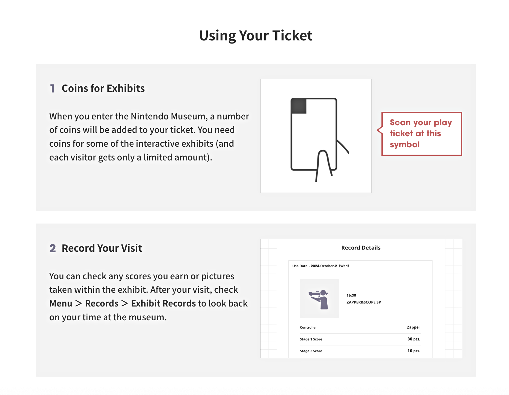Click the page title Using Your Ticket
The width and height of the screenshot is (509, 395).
[256, 36]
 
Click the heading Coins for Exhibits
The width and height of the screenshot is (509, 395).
[103, 88]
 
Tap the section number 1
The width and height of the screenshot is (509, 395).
[52, 88]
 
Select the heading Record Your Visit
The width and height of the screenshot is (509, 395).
[102, 248]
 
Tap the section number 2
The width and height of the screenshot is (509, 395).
[53, 248]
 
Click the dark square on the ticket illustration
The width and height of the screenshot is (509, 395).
[299, 106]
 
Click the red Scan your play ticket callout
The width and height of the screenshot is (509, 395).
[421, 134]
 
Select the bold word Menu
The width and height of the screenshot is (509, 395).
[61, 303]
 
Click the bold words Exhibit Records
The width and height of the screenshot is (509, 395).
[163, 303]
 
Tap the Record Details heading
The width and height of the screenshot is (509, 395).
[361, 248]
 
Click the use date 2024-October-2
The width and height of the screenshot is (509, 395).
[324, 266]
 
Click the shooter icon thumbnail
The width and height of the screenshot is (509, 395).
[319, 299]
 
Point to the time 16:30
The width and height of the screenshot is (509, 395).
[351, 295]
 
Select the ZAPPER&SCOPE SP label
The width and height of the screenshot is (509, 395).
[364, 302]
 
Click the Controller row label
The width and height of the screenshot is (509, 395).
[308, 327]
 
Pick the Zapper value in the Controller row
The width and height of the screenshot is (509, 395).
[413, 327]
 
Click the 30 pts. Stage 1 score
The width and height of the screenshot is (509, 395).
[414, 339]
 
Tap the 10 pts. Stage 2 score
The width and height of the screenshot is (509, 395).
[414, 351]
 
